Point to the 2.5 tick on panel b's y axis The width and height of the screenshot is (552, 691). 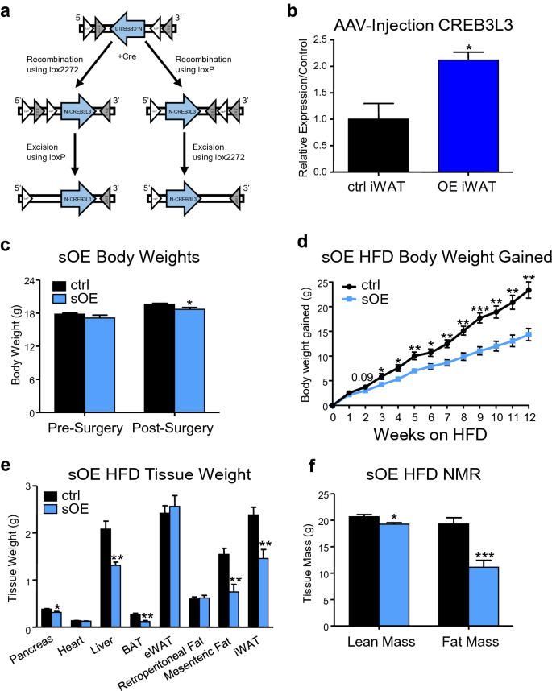click(x=319, y=39)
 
